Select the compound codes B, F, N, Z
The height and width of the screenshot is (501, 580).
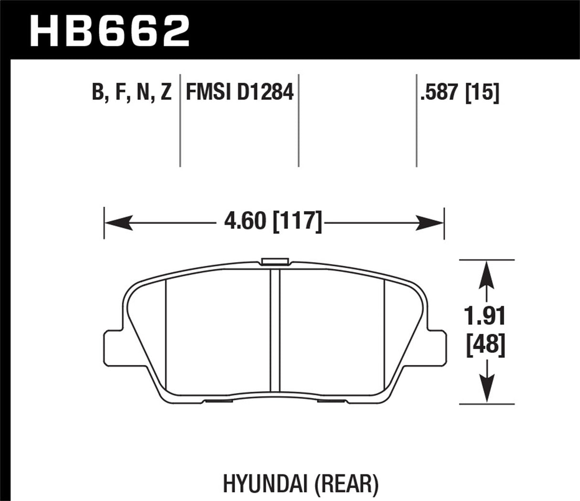[131, 92]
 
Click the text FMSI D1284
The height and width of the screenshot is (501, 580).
[239, 92]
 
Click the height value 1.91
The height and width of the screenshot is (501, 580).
[486, 317]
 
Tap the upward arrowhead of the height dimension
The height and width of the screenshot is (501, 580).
[486, 272]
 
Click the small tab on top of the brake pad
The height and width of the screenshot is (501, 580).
[275, 261]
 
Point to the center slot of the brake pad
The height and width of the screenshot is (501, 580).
[275, 330]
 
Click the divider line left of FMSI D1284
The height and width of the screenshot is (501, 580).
[180, 119]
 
